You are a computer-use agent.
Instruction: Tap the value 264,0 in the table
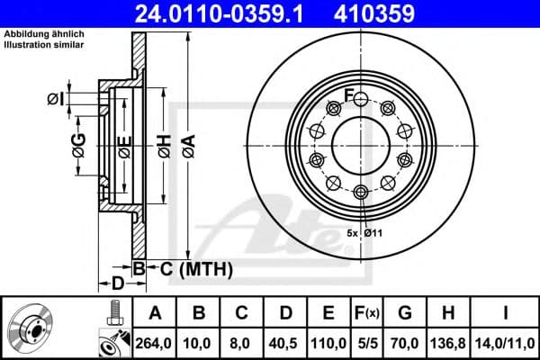(x=154, y=342)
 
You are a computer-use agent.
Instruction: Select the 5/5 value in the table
(x=366, y=342)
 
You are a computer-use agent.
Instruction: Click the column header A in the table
(x=154, y=313)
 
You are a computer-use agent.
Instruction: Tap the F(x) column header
(x=366, y=313)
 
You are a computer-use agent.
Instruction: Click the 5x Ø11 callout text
(x=364, y=234)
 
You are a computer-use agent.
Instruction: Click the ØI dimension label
(x=55, y=99)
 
